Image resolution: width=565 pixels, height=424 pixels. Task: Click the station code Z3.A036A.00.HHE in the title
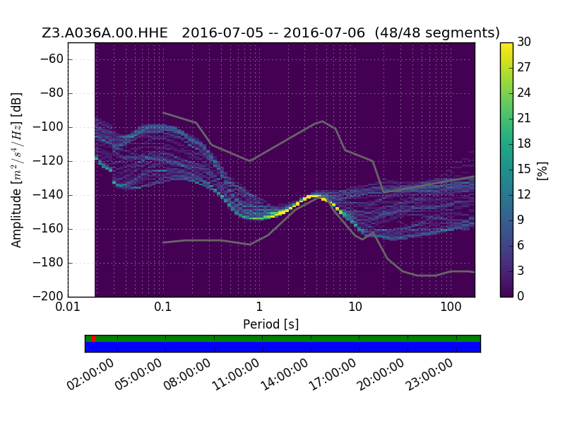click(105, 33)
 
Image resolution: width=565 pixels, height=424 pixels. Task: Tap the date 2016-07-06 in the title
click(324, 33)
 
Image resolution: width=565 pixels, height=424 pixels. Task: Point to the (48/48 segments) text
click(437, 33)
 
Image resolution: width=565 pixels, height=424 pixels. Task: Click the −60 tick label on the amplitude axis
click(52, 59)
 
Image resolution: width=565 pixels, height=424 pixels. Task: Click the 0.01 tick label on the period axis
click(68, 307)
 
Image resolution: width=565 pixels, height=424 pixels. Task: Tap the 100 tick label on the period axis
click(451, 307)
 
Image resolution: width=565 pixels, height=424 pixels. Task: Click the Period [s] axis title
click(271, 324)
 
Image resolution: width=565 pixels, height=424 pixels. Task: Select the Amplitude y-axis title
click(16, 170)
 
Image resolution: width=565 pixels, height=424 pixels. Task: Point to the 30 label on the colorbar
click(524, 42)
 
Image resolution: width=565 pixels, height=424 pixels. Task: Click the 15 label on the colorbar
click(524, 169)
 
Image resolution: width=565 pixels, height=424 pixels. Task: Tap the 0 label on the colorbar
click(521, 296)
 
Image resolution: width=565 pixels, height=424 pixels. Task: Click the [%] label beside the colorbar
click(542, 170)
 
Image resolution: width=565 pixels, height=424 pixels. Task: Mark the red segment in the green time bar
click(94, 338)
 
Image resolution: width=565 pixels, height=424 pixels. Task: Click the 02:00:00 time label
click(90, 375)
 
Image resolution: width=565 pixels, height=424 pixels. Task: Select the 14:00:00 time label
click(285, 375)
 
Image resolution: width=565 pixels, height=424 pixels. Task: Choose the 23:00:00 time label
click(429, 375)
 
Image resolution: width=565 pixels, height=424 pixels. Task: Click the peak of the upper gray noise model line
click(323, 121)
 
